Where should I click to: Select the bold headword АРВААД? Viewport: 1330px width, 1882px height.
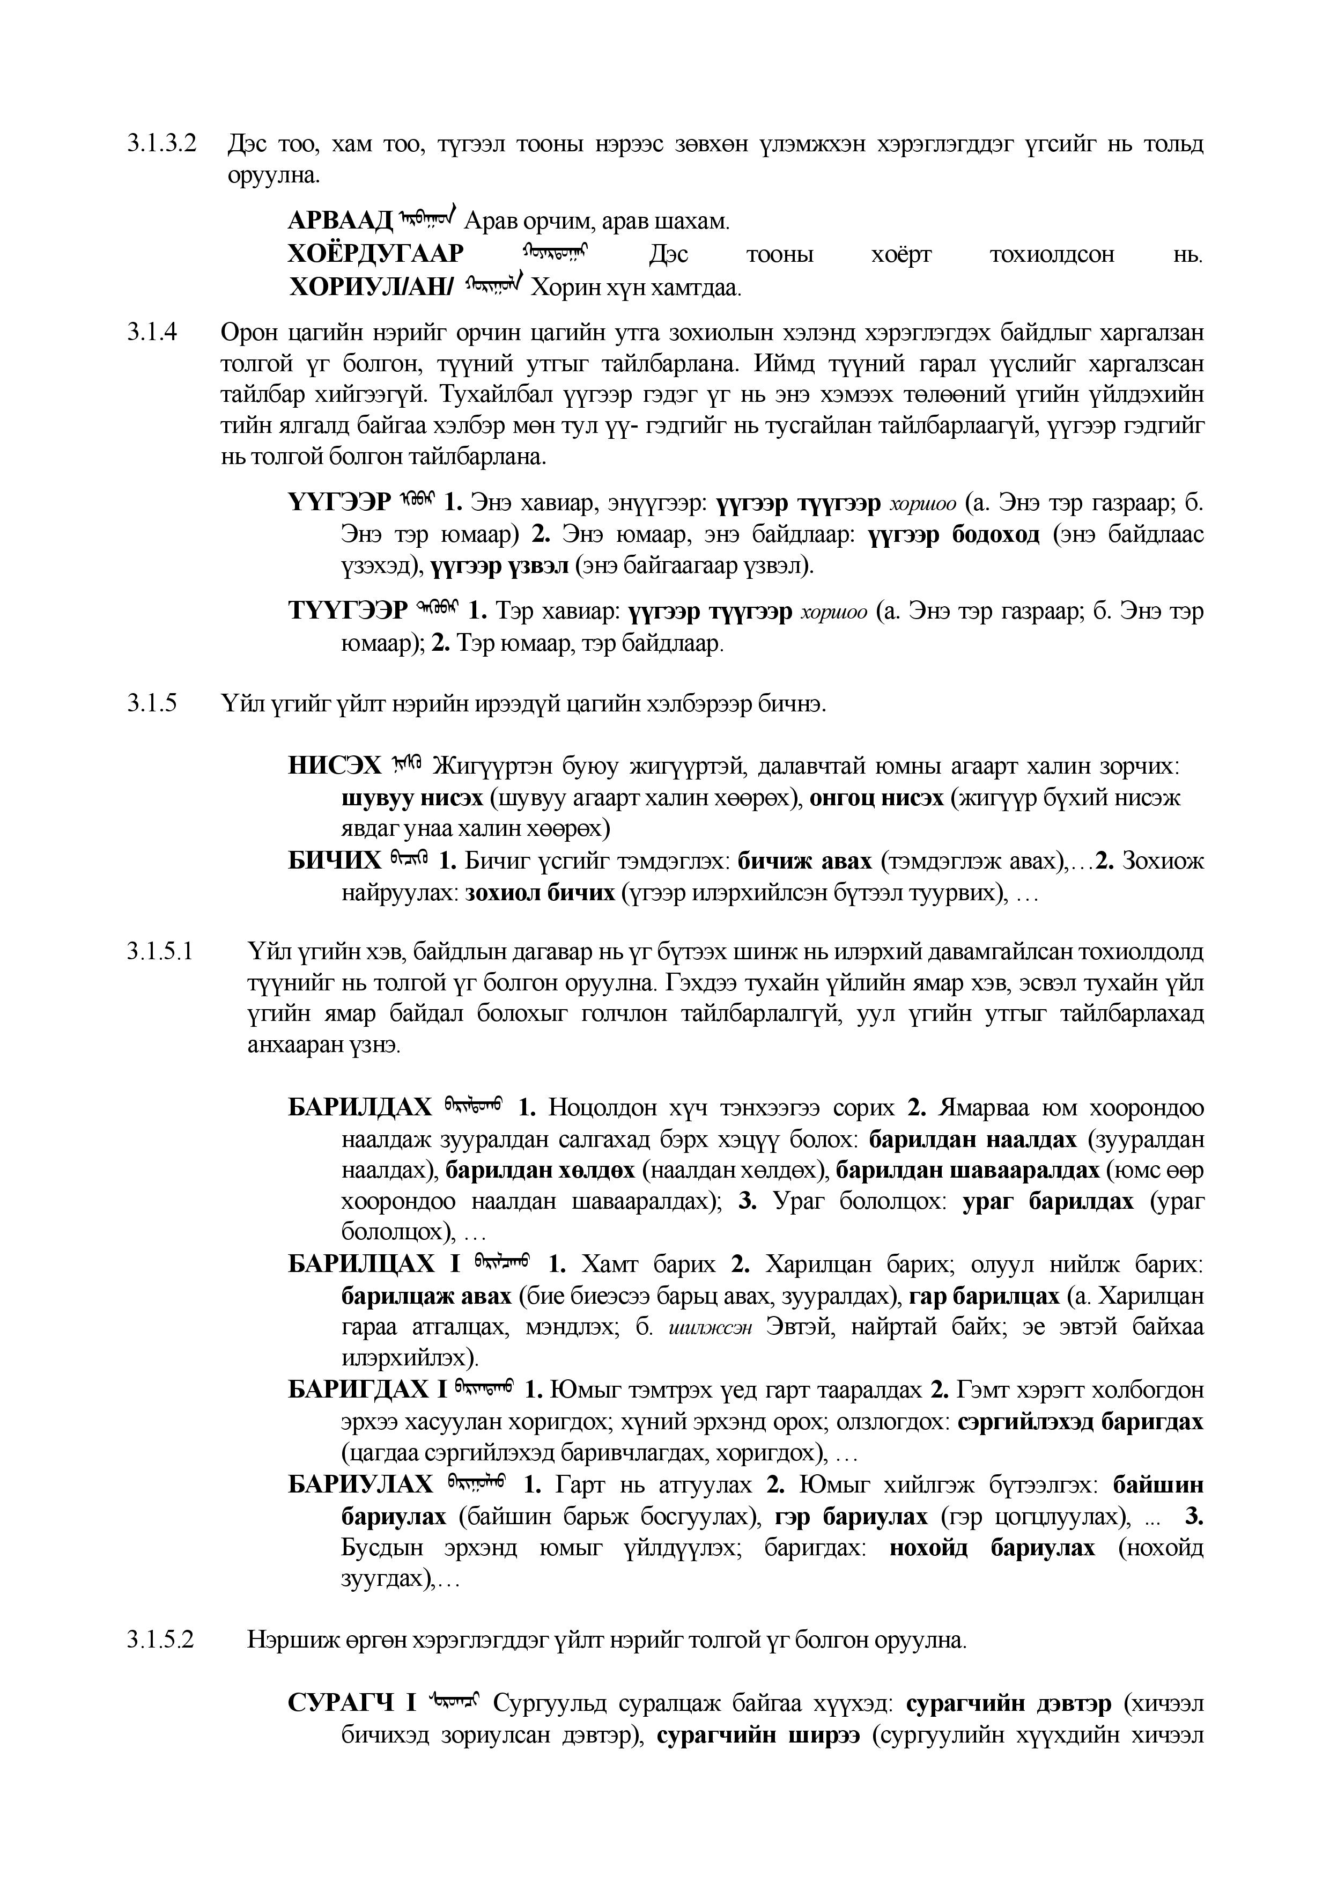(x=341, y=222)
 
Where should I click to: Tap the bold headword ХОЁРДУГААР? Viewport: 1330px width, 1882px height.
(x=376, y=255)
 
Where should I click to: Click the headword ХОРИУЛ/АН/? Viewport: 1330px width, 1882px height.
(x=371, y=288)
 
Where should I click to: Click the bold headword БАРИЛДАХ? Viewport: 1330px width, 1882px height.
(x=360, y=1108)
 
